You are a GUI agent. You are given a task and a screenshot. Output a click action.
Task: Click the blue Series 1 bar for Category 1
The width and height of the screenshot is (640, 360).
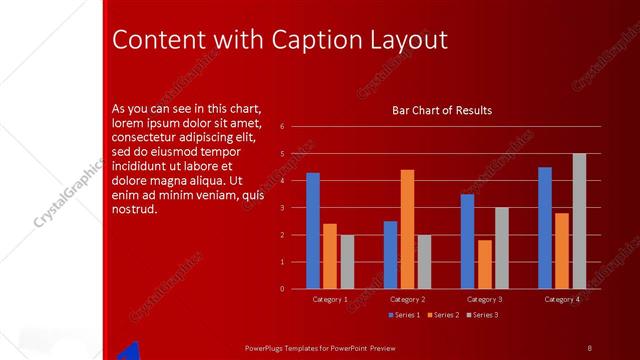click(x=313, y=231)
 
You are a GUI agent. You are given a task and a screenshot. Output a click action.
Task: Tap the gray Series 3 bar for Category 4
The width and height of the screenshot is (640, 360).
click(x=579, y=221)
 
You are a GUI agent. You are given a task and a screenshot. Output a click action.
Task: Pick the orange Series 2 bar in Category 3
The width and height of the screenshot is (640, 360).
click(x=485, y=264)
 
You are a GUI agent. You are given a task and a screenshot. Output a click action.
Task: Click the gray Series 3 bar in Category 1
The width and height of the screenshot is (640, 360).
click(x=347, y=262)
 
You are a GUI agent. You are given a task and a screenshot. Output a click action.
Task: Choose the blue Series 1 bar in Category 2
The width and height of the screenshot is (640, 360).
click(x=390, y=255)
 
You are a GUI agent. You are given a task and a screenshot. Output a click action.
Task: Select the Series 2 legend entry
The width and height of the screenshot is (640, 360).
click(x=442, y=315)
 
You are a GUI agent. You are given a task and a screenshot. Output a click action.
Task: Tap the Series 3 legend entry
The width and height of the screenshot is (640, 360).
click(x=481, y=315)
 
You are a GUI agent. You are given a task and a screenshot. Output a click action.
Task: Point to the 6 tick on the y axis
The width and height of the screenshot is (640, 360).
click(x=282, y=127)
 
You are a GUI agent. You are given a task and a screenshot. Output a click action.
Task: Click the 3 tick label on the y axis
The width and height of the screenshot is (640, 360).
click(x=282, y=208)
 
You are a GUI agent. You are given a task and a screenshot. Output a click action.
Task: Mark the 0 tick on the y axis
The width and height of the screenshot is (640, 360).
click(x=282, y=289)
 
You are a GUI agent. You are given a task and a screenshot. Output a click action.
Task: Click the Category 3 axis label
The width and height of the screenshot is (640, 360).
click(x=485, y=299)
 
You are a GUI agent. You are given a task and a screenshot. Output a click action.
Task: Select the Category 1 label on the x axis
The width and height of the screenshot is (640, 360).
click(x=330, y=299)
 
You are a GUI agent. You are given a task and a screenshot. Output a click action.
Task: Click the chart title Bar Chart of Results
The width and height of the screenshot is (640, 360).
click(x=441, y=110)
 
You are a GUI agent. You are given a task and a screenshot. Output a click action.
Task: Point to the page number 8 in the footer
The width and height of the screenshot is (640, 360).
click(x=589, y=347)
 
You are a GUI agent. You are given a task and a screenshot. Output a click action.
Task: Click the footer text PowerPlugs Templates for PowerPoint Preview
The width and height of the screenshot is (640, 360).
click(x=320, y=347)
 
